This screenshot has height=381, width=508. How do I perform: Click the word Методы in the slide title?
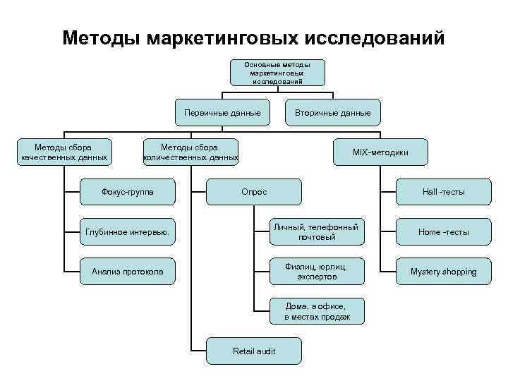coord(102,38)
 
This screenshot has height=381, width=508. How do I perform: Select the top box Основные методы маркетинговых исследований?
coord(277,73)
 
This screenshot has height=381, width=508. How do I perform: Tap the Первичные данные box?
coord(222,113)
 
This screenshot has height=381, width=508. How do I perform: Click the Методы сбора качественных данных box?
coord(64,152)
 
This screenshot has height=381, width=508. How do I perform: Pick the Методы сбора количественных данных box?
coord(190,152)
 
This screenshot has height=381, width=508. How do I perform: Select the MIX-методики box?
coord(380,152)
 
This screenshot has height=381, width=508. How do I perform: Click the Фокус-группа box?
coord(128,191)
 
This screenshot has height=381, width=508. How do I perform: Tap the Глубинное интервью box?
coord(128,231)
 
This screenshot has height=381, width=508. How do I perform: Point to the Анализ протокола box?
coord(128,272)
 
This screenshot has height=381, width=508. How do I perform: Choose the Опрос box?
coord(253,191)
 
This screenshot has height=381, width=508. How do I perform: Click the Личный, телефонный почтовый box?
coord(317,231)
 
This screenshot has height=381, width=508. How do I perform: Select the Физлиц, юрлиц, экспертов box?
coord(317,272)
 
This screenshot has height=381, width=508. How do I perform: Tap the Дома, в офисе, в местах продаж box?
coord(317,311)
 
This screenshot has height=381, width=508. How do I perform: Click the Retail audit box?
coord(253,351)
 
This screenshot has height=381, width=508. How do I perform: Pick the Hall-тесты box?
coord(443,191)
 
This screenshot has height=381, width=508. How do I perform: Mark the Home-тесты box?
coord(443,231)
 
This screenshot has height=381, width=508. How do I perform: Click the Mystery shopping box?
coord(443,272)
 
